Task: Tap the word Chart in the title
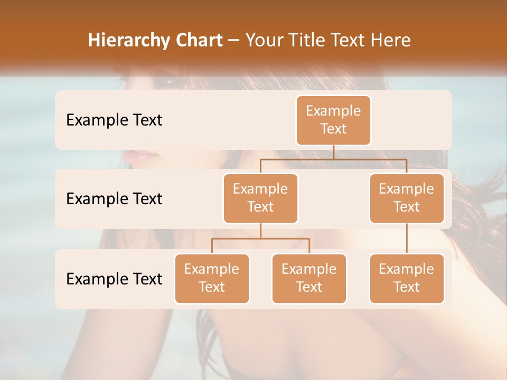(x=197, y=41)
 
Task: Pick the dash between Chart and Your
(x=233, y=41)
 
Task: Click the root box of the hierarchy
(x=333, y=120)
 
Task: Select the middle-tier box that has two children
(x=260, y=198)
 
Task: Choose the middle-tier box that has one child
(x=407, y=198)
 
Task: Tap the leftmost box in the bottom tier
(x=212, y=278)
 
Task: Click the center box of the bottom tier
(x=309, y=278)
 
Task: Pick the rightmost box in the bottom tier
(x=407, y=278)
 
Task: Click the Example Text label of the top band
(x=114, y=120)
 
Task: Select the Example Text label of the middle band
(x=114, y=199)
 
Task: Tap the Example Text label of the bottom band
(x=114, y=279)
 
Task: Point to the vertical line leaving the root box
(x=333, y=152)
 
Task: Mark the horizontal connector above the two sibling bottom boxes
(x=260, y=239)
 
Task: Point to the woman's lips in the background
(x=140, y=156)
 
